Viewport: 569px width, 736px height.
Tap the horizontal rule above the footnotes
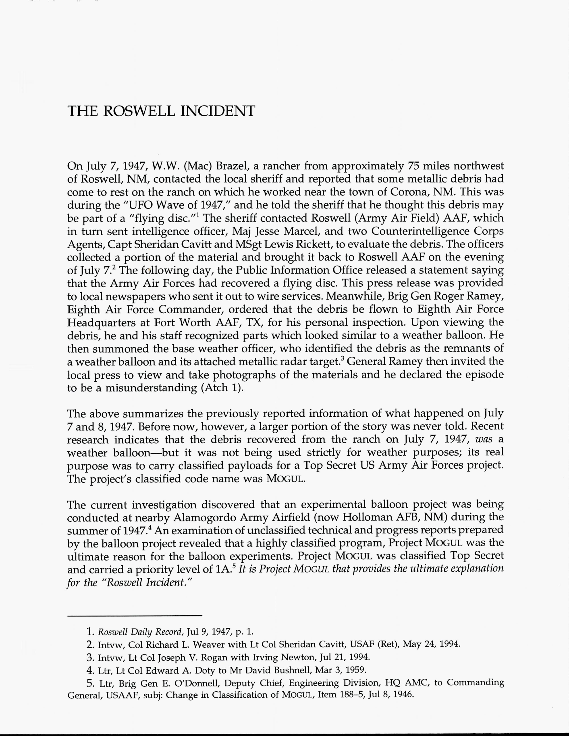coord(135,616)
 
